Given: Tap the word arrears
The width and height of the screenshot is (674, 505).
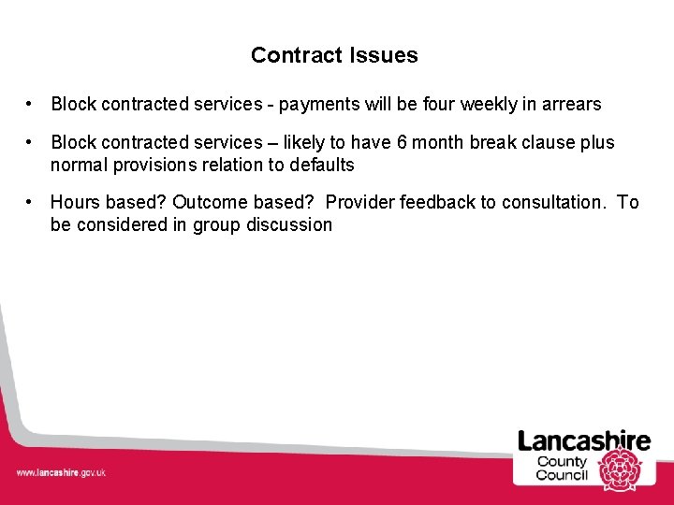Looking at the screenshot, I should coord(569,104).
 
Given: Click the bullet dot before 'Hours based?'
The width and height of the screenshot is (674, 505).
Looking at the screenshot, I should coord(31,202).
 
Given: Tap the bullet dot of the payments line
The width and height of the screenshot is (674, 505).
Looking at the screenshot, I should coord(31,104).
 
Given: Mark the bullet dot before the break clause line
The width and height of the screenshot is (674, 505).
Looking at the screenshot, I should coord(31,142).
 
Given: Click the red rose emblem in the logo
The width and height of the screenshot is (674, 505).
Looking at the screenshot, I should coord(618,469).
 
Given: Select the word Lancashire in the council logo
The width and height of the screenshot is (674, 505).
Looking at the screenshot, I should coord(584,441).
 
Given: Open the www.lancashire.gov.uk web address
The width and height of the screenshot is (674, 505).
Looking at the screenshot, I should coord(61,472).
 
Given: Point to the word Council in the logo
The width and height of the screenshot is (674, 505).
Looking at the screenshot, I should coord(562,475).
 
